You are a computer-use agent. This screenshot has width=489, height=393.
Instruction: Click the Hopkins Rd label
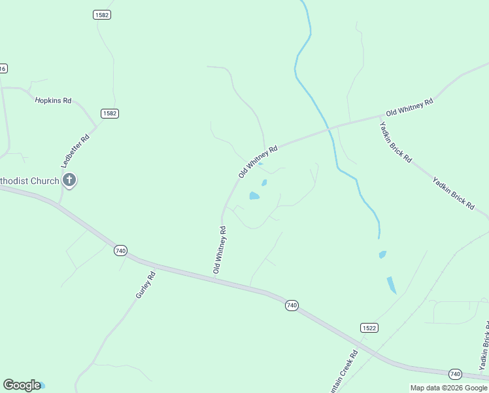pos(53,101)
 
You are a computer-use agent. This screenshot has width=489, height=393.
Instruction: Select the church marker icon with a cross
pos(69,181)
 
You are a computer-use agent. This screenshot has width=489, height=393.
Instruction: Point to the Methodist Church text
pos(29,181)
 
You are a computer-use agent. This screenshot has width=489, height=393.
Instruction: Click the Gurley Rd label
pos(145,286)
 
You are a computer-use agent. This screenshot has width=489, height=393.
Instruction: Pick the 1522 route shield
pos(369,327)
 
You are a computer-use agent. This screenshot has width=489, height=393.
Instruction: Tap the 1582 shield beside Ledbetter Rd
pos(109,113)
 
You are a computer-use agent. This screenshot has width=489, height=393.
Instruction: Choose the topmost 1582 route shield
pos(101,14)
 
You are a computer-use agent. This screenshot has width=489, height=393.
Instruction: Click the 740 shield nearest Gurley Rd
pos(120,250)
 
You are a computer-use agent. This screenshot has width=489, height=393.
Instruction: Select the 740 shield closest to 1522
pos(292,305)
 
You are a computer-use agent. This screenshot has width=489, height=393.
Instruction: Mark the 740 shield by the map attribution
pos(456,373)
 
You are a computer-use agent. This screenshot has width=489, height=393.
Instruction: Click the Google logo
pos(22,385)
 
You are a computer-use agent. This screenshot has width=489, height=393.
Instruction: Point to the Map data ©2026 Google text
pos(449,388)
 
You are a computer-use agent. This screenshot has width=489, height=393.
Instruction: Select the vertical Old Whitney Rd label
pos(220,250)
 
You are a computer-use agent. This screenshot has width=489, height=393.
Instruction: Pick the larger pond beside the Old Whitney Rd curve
pos(254,195)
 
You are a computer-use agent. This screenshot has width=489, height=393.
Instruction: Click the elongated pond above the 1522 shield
pos(391,284)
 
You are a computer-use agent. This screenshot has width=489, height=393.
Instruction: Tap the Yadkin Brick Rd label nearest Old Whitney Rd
pos(396,141)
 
